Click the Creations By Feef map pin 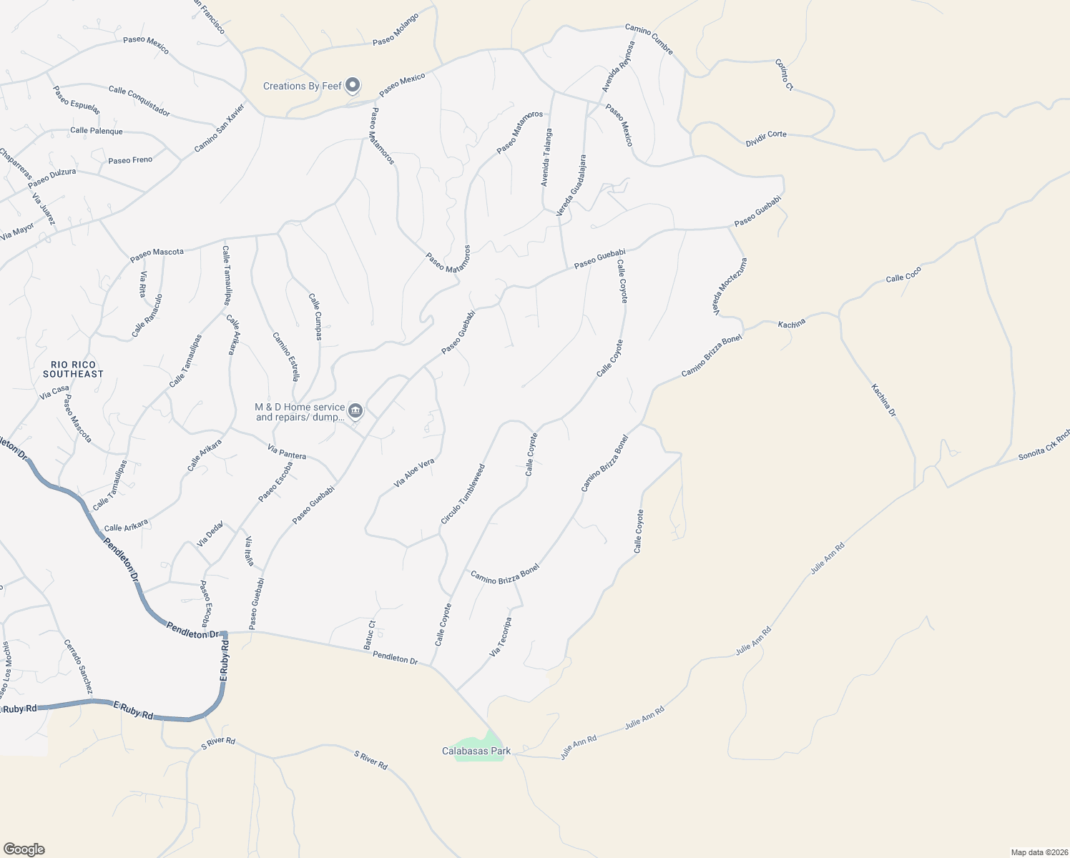(x=353, y=86)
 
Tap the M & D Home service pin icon (x=356, y=411)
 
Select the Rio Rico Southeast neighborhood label (x=73, y=369)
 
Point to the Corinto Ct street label (x=785, y=74)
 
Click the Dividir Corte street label (x=766, y=139)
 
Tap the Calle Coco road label (x=903, y=274)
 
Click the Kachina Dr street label (x=884, y=400)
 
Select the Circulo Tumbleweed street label (x=463, y=494)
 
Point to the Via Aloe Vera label (x=414, y=473)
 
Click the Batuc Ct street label (x=369, y=635)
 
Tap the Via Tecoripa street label (x=501, y=637)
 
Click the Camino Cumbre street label (x=649, y=39)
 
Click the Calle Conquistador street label (x=139, y=101)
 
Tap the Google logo (x=24, y=849)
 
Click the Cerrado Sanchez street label (x=78, y=666)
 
